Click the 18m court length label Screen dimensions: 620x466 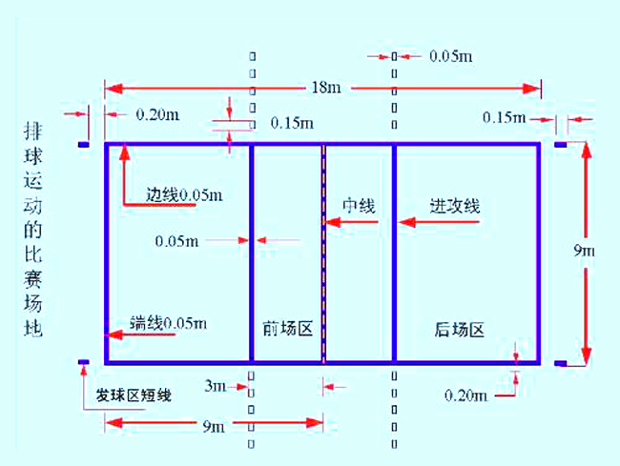[x=326, y=88]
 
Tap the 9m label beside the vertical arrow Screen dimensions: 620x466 [x=584, y=251]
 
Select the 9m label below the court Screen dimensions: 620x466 [x=214, y=426]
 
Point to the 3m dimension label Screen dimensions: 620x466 [x=216, y=385]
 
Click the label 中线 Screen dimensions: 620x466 [x=359, y=206]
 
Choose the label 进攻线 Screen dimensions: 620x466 [x=455, y=206]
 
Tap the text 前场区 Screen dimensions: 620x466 [x=288, y=329]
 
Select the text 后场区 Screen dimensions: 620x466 [x=460, y=330]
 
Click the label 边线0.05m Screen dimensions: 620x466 [x=184, y=194]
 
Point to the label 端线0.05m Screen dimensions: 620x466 [x=169, y=323]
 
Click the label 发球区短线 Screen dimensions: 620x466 [x=134, y=395]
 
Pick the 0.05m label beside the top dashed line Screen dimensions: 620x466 [x=451, y=56]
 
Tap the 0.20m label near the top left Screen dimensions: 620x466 [x=157, y=115]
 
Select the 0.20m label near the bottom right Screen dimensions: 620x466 [x=466, y=395]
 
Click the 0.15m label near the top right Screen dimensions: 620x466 [x=505, y=117]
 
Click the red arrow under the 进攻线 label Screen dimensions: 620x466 [x=440, y=222]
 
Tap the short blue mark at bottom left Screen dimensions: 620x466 [x=83, y=362]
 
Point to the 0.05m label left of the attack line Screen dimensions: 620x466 [x=176, y=241]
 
